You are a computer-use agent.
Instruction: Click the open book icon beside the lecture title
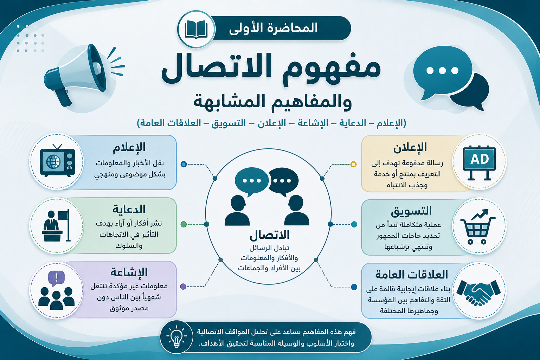point(196,29)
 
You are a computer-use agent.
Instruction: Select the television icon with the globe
point(58,161)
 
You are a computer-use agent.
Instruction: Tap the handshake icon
point(478,292)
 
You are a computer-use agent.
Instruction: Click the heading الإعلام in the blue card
point(129,147)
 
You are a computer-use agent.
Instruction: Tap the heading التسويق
point(411,211)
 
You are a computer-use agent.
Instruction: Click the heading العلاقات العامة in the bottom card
point(412,275)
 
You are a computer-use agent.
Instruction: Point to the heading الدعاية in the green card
point(129,209)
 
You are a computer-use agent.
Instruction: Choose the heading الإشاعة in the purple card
point(129,272)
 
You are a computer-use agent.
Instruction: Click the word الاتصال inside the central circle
point(270,235)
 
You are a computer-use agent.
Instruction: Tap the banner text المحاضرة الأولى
point(273,28)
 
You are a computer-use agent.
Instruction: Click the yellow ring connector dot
point(353,164)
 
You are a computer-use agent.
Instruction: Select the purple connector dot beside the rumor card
point(183,287)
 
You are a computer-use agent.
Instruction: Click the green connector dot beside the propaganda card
point(184,224)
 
